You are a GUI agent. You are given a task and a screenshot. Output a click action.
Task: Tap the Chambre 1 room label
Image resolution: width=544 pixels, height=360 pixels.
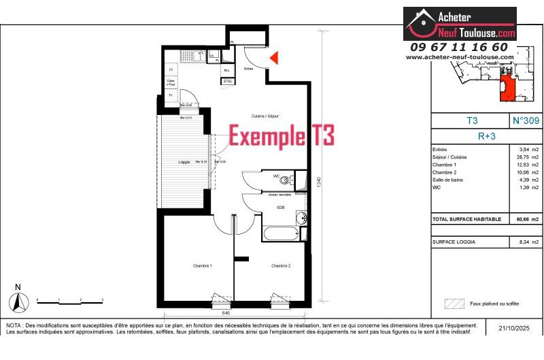(202, 265)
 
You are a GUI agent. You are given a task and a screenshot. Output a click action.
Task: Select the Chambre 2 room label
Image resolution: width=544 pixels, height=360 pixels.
(281, 265)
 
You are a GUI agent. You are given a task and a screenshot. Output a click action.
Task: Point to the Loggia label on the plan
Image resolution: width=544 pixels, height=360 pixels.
(184, 162)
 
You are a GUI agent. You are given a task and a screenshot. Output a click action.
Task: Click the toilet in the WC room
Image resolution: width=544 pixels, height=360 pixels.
(290, 180)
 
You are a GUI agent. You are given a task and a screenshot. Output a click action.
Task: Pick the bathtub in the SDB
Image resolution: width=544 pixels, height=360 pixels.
(280, 234)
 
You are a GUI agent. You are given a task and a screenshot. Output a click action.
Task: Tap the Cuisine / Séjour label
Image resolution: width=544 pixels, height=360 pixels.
(265, 116)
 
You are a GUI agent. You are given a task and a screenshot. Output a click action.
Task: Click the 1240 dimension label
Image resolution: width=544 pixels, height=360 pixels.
(319, 184)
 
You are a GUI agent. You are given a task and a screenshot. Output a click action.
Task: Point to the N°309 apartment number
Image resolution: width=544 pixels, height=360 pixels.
(525, 120)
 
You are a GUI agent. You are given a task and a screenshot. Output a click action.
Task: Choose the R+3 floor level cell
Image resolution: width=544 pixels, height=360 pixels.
(486, 135)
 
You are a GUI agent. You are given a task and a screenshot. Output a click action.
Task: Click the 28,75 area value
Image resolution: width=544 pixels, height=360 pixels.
(524, 157)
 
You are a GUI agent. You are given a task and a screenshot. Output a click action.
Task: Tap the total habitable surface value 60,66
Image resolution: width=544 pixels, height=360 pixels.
(524, 219)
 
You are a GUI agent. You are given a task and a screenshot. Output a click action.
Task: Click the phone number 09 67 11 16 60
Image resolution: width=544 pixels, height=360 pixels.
(459, 47)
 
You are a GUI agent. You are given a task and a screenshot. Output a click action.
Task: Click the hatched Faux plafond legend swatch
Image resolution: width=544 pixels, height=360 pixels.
(452, 304)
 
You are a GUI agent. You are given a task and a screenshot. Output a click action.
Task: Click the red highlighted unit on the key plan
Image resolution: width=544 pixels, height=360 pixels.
(506, 88)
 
